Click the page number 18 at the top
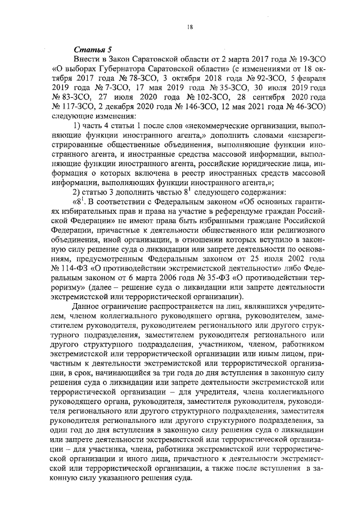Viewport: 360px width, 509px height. pyautogui.click(x=190, y=26)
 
